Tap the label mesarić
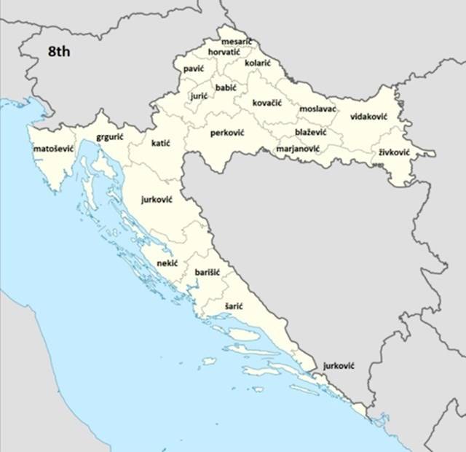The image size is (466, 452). pos(237,42)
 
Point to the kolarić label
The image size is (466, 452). pos(258,63)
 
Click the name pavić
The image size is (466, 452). pos(194,68)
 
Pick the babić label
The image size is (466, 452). pos(226,87)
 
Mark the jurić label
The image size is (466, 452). pos(200,96)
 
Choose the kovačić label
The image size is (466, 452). pos(267,103)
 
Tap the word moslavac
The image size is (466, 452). pos(317,109)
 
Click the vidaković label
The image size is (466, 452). pos(368,117)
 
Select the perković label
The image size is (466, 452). pos(227,133)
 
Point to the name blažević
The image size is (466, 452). pos(311,132)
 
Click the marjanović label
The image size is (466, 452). pos(298,149)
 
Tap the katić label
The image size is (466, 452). pos(160,144)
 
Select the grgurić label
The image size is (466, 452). pos(110,136)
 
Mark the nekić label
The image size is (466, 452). pos(167,263)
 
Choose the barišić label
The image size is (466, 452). pos(208,272)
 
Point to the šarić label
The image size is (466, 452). pos(234,307)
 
